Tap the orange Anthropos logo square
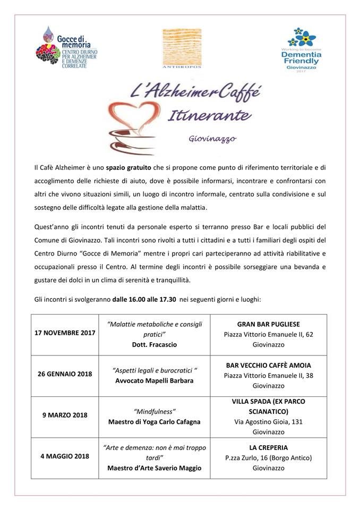(x=182, y=46)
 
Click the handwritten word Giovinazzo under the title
(x=212, y=140)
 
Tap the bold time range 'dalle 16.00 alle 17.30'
(x=144, y=300)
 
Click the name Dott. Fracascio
(x=155, y=344)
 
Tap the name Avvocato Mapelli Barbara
(x=155, y=380)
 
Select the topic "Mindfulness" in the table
(x=155, y=411)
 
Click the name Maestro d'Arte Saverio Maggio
(x=155, y=468)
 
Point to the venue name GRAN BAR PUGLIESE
(x=268, y=324)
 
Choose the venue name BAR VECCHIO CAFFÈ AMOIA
(x=268, y=365)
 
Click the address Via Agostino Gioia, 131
(x=268, y=422)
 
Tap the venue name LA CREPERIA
(x=268, y=447)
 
